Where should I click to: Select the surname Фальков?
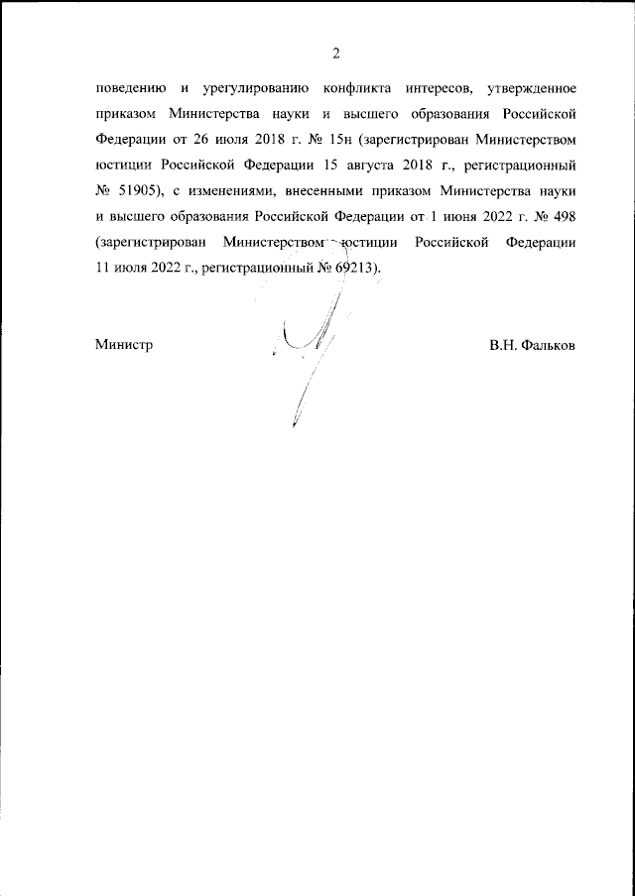pos(550,346)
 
